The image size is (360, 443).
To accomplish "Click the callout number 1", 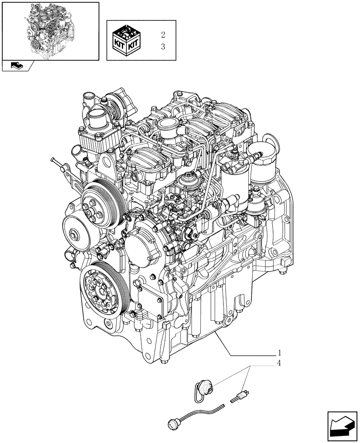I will coord(280,353).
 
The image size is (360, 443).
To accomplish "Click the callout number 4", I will coord(280,364).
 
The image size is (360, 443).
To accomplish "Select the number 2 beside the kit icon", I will coord(163,34).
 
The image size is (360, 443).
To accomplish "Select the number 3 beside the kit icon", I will coord(163,47).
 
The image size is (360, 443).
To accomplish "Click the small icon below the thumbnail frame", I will coord(18,66).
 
